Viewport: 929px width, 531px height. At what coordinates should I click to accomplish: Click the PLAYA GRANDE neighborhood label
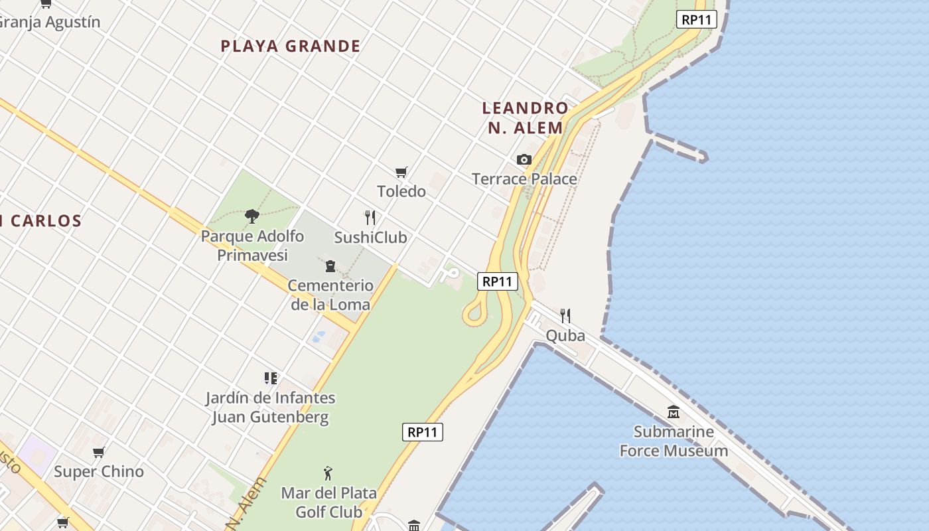tap(291, 46)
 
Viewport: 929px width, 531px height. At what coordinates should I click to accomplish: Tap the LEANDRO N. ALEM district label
tap(525, 117)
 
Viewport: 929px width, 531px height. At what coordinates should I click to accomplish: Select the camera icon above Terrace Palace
tap(524, 160)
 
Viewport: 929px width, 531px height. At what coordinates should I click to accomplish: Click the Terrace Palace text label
tap(524, 179)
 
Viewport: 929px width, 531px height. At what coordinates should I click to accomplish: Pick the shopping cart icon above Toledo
tap(401, 173)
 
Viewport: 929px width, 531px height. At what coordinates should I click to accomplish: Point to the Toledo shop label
tap(401, 191)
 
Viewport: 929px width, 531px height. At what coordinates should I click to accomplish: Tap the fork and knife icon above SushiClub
tap(370, 217)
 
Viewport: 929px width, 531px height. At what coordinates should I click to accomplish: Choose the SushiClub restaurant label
tap(370, 237)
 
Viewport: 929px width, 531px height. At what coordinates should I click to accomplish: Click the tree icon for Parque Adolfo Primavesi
tap(251, 216)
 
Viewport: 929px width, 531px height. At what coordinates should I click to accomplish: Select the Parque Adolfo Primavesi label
tap(252, 246)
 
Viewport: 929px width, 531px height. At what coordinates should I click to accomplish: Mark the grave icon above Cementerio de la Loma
tap(330, 267)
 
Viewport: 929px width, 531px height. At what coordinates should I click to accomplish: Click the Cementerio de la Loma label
tap(330, 295)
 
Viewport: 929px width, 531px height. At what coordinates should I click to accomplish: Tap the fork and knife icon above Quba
tap(565, 315)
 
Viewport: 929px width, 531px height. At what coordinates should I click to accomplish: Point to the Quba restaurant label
tap(565, 335)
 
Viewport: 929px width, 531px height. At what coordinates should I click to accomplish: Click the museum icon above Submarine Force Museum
tap(674, 412)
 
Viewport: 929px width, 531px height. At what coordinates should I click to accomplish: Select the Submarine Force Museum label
tap(674, 441)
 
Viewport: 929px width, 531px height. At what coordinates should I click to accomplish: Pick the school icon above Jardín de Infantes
tap(270, 378)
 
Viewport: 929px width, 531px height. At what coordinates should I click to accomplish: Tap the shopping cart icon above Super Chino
tap(99, 453)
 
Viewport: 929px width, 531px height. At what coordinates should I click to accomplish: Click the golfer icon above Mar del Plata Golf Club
tap(327, 473)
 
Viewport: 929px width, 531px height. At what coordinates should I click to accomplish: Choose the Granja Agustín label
tap(50, 22)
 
